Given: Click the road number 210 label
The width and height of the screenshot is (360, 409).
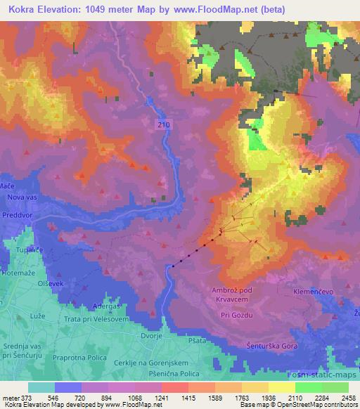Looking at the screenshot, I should tap(164, 123).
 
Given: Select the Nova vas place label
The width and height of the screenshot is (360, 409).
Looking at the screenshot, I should tap(21, 197).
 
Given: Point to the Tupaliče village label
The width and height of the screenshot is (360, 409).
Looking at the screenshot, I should tap(20, 251).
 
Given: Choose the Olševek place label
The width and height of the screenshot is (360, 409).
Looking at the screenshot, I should tap(35, 283).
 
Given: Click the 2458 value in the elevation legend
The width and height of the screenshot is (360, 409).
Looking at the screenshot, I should tap(347, 397).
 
